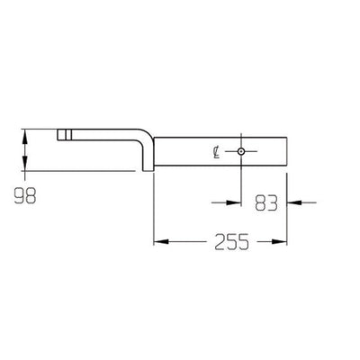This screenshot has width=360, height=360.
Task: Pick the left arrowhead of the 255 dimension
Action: (158, 242)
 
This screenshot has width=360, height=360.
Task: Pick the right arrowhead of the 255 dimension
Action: (288, 242)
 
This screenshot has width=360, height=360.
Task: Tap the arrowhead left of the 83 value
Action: (237, 202)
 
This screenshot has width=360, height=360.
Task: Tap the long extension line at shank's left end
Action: (154, 207)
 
